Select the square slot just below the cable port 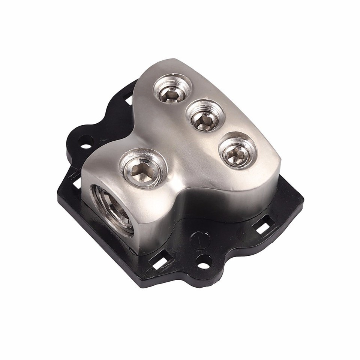[161, 261]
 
